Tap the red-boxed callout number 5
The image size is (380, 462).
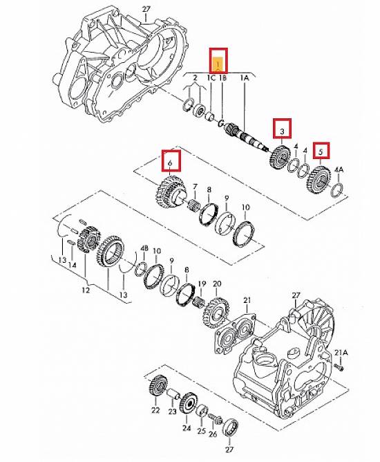[x=321, y=151]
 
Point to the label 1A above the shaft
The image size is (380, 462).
[x=245, y=77]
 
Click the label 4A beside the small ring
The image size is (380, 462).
[x=339, y=169]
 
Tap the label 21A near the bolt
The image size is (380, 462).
[x=341, y=353]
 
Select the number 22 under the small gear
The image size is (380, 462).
[x=155, y=410]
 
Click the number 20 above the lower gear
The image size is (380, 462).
[x=217, y=284]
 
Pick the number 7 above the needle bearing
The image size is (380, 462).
[x=195, y=187]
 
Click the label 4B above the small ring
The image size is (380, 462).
[x=144, y=248]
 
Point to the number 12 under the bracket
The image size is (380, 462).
[x=86, y=290]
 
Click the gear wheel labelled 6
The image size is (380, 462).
[x=170, y=192]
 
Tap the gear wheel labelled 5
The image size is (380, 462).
[x=319, y=179]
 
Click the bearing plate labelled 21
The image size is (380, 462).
[x=236, y=333]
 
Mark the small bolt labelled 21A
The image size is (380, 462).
[x=339, y=367]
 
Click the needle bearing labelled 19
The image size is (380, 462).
[x=200, y=302]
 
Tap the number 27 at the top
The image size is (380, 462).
[x=146, y=9]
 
